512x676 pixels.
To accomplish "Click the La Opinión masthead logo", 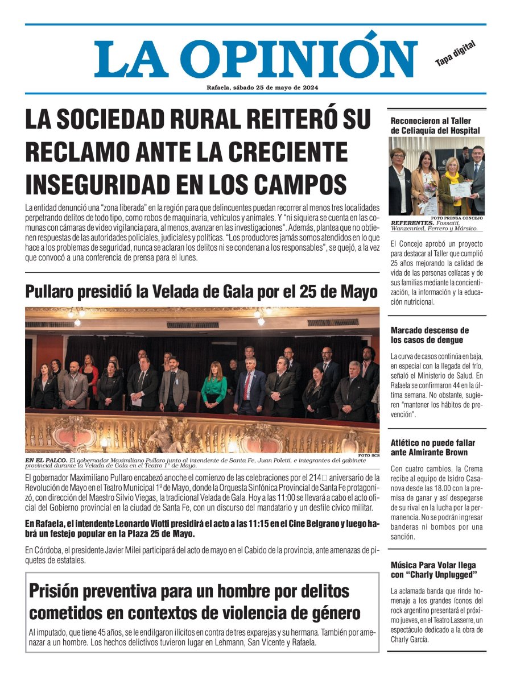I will click(255, 59).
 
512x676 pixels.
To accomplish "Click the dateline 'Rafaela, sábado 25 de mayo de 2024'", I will click(262, 88).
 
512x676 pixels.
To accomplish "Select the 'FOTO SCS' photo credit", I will click(369, 455).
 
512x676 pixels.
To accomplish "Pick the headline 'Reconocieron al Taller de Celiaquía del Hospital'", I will click(436, 126).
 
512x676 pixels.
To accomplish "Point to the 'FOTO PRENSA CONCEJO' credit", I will click(457, 218).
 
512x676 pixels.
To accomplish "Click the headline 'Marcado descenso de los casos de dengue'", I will click(430, 335).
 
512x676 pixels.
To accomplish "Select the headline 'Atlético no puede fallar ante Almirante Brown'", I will click(433, 447).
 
